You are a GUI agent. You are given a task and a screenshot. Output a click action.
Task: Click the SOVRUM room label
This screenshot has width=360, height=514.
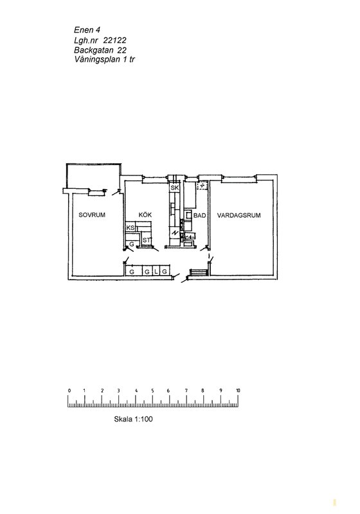point(92,215)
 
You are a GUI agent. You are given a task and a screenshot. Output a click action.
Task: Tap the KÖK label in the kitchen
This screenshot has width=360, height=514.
point(145,215)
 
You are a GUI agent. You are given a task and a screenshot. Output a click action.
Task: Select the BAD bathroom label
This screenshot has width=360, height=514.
point(200,215)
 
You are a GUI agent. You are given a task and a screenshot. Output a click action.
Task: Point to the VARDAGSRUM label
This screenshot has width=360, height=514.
point(239,215)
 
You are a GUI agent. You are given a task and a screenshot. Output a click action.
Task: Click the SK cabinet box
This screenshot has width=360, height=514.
point(174,188)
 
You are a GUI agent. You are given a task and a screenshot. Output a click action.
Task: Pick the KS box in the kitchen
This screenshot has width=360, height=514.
point(130,227)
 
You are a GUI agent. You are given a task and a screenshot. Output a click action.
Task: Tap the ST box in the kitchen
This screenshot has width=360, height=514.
point(146,240)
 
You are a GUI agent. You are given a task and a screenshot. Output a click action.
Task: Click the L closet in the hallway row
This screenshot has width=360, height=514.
point(156,271)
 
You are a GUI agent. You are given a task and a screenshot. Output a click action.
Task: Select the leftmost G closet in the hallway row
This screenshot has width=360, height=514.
point(132,271)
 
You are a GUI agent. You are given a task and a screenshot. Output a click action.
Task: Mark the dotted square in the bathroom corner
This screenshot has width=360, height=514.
point(203,186)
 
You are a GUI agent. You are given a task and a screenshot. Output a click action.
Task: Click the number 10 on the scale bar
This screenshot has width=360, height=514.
point(238,391)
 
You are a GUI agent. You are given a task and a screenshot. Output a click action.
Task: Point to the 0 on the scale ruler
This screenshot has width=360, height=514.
point(69,391)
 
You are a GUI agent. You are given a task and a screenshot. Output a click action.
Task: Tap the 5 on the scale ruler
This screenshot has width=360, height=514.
point(152,391)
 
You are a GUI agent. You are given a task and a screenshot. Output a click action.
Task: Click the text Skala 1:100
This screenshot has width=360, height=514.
point(134,419)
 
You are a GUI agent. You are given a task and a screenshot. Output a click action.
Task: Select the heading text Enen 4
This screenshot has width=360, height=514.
point(87,30)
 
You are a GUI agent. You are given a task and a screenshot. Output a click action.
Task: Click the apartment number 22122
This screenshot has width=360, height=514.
point(115,40)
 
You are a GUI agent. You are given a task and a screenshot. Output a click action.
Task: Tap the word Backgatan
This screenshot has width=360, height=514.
point(94,50)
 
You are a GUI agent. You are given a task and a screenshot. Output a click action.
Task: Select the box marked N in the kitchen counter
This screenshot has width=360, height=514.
point(175,233)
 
